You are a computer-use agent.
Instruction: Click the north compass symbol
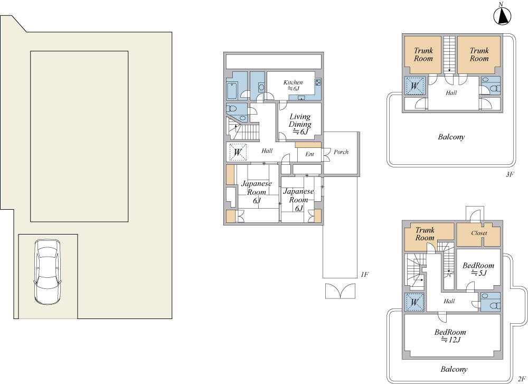coord(502,15)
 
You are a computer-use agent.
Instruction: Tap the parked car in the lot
coord(48,272)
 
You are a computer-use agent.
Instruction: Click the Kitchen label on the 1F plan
coord(293,85)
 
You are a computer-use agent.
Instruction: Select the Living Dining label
coord(300,124)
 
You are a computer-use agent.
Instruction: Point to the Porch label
coord(341,152)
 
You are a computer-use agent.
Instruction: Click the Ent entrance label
coord(309,154)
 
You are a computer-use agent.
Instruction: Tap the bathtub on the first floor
coord(232,90)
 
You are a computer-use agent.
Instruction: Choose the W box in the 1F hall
coord(238,152)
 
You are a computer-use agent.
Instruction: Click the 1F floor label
coord(364,275)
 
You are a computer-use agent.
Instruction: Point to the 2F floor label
coord(522,378)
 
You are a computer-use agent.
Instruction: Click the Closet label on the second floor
coord(479,233)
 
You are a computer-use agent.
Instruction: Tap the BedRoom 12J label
coord(450,336)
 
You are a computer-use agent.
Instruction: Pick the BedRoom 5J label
coord(478,269)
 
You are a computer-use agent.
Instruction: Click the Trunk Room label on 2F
coord(425,234)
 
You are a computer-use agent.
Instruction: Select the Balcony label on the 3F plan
coord(451,137)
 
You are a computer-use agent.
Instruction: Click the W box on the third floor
coord(414,86)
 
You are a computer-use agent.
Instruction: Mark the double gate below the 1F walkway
coord(340,291)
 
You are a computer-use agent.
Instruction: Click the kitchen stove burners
coord(318,82)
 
